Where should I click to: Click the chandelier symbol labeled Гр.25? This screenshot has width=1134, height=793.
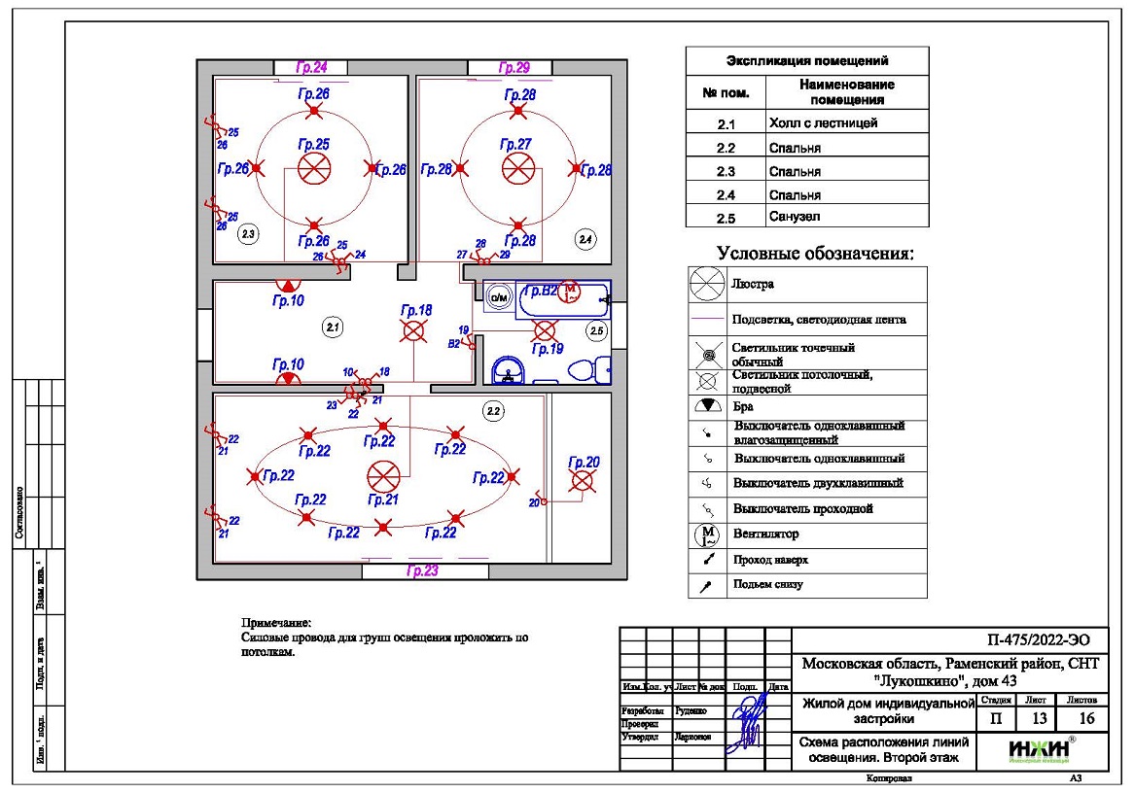(313, 169)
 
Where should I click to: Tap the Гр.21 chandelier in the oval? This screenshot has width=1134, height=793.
(384, 477)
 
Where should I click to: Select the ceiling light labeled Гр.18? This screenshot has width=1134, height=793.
(415, 331)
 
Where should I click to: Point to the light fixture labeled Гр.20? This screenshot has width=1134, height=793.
(583, 481)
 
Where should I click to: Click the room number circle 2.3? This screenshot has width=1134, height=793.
(248, 234)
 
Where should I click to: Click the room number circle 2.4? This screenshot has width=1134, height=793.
(585, 238)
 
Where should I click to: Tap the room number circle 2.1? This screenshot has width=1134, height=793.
(333, 328)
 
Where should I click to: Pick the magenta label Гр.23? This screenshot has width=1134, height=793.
(422, 571)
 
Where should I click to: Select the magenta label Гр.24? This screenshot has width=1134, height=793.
(312, 68)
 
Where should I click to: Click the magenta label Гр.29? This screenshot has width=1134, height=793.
(514, 68)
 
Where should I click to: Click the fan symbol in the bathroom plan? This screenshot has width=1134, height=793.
(572, 291)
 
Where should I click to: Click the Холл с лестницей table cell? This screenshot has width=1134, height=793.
(823, 123)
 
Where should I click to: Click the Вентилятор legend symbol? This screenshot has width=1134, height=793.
(707, 534)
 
